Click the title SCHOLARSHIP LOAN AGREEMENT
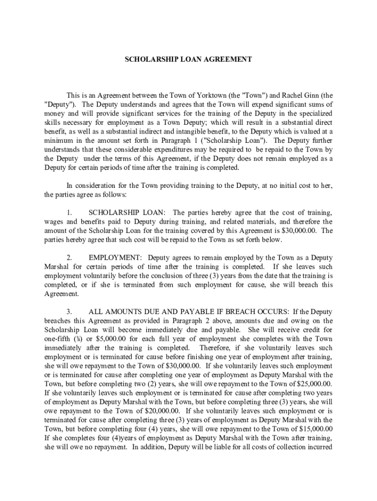(188, 59)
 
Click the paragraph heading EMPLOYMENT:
(116, 257)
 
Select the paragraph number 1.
(70, 212)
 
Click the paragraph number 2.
(70, 257)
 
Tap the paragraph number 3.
(70, 312)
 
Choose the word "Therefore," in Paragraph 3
(220, 347)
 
